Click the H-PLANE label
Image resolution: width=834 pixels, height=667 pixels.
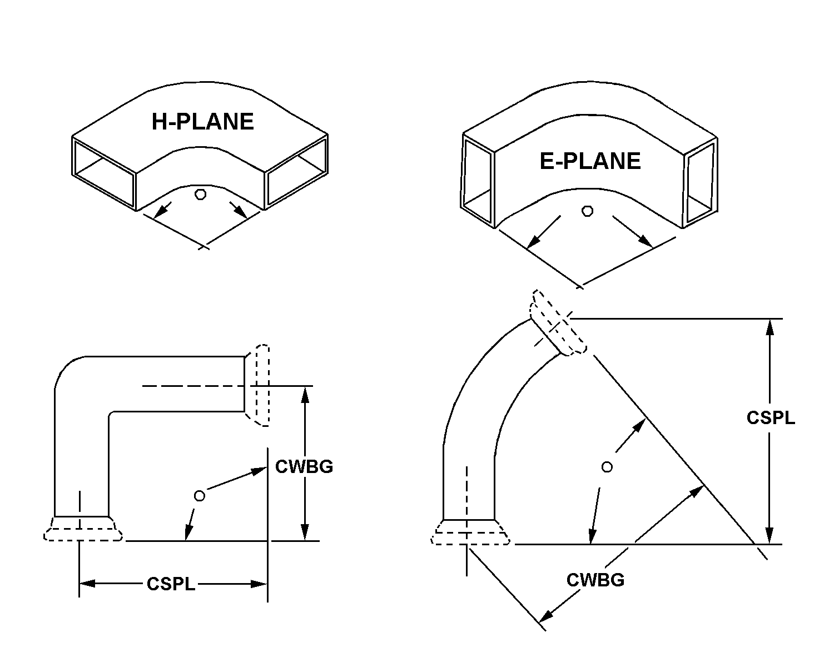202,122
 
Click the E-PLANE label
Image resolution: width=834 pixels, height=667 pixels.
590,161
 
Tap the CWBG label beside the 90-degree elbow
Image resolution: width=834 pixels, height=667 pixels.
304,466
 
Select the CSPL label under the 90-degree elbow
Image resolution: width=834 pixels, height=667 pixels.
171,584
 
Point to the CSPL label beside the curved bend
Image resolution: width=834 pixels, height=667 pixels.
771,417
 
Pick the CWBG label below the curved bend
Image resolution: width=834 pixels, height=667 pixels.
595,580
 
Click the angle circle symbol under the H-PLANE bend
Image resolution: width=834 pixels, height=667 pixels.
201,195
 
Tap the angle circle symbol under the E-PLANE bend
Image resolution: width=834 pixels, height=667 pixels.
587,211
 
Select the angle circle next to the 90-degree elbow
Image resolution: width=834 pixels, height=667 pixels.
199,496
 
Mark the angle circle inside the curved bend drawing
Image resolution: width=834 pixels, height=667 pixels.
607,467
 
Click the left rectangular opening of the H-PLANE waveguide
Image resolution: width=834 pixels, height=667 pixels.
104,173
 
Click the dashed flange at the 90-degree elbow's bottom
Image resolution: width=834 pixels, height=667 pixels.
83,529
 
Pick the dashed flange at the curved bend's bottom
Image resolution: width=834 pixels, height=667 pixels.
470,532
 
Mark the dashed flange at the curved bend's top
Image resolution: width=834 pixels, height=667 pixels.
558,325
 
